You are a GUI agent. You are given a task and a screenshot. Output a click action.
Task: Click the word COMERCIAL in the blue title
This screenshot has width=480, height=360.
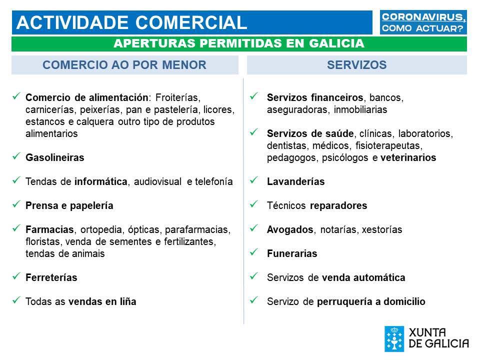191,22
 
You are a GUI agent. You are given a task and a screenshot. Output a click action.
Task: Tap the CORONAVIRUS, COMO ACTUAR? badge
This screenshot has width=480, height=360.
423,22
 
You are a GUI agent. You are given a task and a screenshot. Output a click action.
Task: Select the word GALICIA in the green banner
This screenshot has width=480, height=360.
336,43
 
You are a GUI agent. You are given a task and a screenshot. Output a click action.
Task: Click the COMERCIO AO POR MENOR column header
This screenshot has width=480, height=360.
124,65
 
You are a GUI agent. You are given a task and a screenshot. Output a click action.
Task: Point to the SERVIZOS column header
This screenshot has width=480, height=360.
356,65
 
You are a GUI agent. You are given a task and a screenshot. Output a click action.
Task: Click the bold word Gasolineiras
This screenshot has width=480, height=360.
55,157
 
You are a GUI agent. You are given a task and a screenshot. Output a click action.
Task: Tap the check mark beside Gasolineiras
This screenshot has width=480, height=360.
16,156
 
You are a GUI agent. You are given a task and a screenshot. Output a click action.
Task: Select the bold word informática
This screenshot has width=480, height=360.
100,181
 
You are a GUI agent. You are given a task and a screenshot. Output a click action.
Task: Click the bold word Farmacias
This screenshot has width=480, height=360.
49,229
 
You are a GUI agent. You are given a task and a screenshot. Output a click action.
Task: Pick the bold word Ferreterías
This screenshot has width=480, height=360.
51,277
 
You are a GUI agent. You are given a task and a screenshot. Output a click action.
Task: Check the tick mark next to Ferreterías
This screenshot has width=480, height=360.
16,276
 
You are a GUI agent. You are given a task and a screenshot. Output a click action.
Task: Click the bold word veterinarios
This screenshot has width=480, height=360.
408,157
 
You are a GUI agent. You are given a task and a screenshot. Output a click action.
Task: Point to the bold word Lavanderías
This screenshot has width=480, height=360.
295,181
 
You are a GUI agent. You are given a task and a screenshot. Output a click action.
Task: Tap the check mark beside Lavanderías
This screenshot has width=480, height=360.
254,180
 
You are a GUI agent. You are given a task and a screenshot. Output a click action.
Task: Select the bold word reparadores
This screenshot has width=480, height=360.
338,205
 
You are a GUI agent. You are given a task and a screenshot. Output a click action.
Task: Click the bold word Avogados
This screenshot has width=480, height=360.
290,229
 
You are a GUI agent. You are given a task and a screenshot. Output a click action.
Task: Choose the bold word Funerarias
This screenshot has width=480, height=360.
292,253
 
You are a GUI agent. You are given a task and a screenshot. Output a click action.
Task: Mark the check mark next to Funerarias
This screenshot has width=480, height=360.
254,252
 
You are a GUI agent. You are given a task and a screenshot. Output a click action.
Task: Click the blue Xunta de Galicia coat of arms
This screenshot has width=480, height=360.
394,339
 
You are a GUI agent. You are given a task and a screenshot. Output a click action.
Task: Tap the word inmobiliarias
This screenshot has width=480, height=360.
360,109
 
